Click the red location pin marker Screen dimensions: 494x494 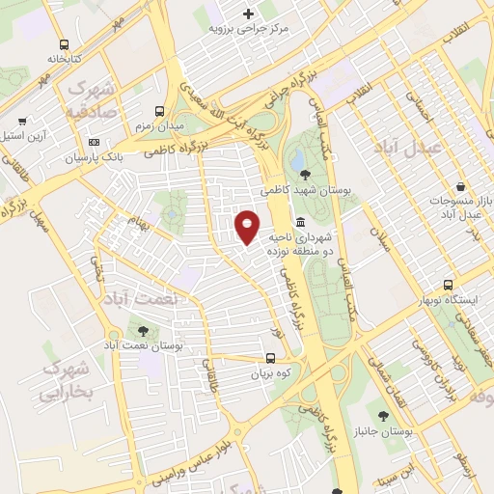coord(247,227)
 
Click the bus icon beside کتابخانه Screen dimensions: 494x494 coord(64,44)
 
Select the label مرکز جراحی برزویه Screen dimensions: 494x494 coord(249,28)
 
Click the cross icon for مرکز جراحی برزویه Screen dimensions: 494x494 coord(249,14)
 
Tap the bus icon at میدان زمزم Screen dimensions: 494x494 coord(159,111)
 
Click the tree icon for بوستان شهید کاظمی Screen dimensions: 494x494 coord(306,175)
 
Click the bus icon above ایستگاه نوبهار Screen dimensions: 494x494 coord(448,286)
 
